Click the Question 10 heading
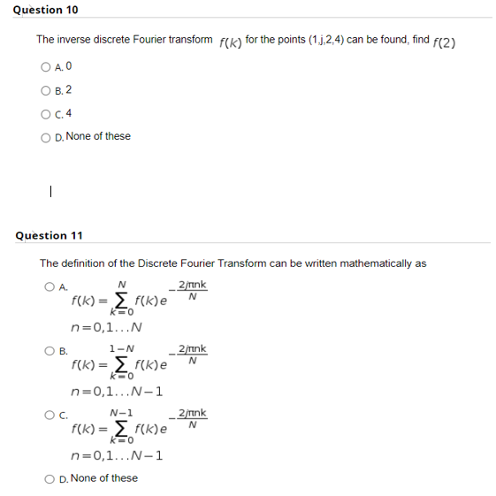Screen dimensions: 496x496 pyautogui.click(x=47, y=10)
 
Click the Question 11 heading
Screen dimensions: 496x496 pyautogui.click(x=50, y=235)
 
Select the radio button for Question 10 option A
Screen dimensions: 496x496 pyautogui.click(x=44, y=66)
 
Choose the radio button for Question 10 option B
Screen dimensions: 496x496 pyautogui.click(x=44, y=89)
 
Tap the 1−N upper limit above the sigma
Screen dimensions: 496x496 pyautogui.click(x=122, y=349)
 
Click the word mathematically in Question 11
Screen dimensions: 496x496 pyautogui.click(x=366, y=263)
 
